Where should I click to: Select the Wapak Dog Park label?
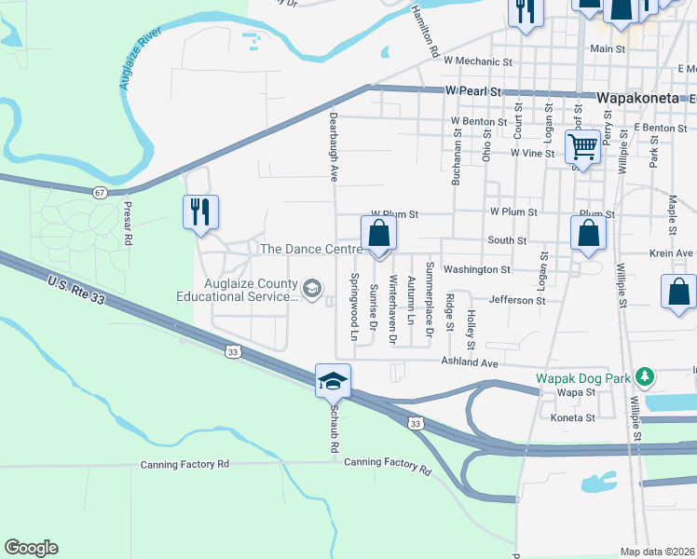click(582, 378)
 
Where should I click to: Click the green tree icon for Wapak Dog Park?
click(643, 377)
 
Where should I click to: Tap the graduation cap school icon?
click(333, 380)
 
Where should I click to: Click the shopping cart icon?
click(582, 145)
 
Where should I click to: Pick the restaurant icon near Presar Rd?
click(201, 212)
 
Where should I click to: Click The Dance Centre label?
click(310, 249)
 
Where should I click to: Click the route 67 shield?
click(100, 192)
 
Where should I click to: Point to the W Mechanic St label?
click(479, 61)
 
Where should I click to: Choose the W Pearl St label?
click(473, 91)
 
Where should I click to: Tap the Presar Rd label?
click(129, 224)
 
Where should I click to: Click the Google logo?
click(31, 548)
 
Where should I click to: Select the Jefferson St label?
click(516, 300)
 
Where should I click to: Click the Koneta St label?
click(571, 418)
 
